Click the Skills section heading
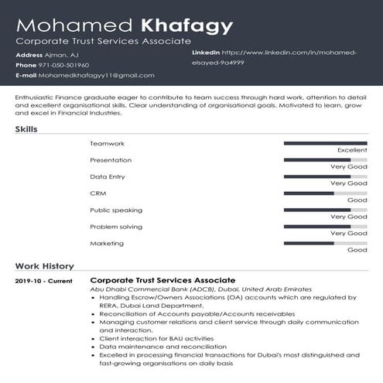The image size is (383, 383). point(26,129)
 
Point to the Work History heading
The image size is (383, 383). point(45,265)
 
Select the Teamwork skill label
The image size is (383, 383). point(107,144)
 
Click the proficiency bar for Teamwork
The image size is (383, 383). point(325,143)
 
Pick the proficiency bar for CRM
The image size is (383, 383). point(325,193)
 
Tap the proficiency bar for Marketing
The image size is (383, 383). point(325,243)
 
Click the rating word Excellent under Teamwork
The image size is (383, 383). point(352,150)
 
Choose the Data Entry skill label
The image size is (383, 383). point(108,176)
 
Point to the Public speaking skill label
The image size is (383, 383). point(116,210)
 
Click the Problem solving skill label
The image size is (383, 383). point(116,227)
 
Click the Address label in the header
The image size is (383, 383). point(29,55)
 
